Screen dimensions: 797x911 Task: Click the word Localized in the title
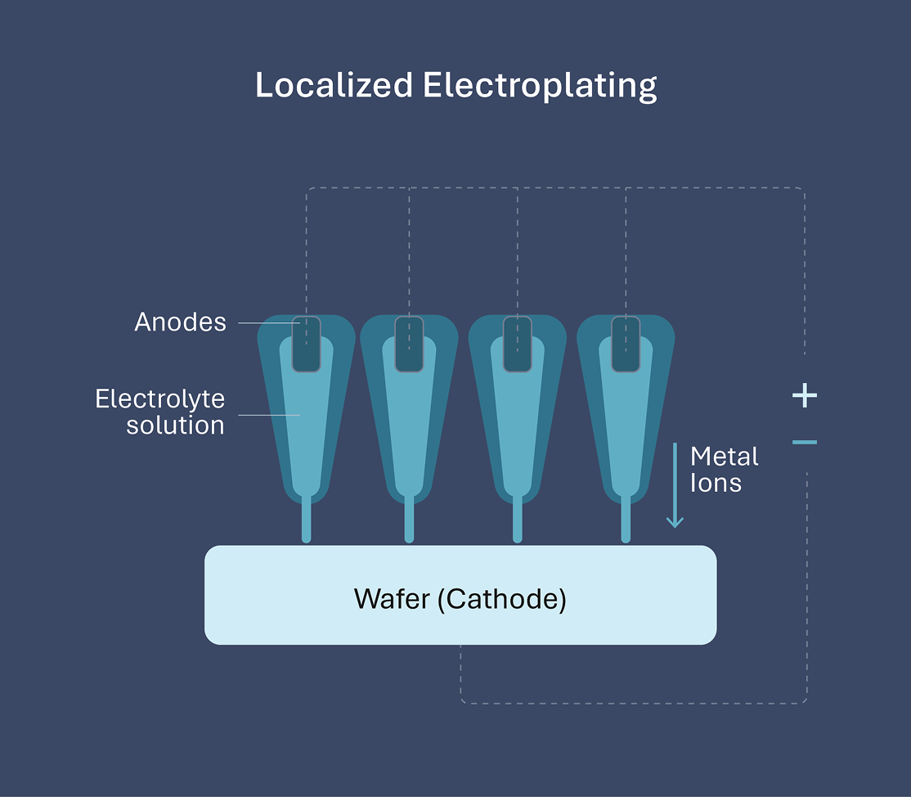tap(334, 85)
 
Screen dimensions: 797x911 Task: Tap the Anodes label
tap(180, 322)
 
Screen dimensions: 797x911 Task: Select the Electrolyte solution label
tap(160, 412)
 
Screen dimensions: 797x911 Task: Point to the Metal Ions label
tap(725, 469)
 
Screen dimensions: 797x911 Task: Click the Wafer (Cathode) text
tap(460, 598)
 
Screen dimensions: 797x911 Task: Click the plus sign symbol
tap(805, 396)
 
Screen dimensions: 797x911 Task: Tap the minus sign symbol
tap(805, 443)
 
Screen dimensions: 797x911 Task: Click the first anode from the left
tap(307, 344)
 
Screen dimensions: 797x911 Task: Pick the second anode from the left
tap(409, 344)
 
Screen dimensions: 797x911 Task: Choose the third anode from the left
tap(518, 344)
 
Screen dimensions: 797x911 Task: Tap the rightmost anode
tap(626, 344)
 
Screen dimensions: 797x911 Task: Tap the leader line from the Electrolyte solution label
tap(268, 415)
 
